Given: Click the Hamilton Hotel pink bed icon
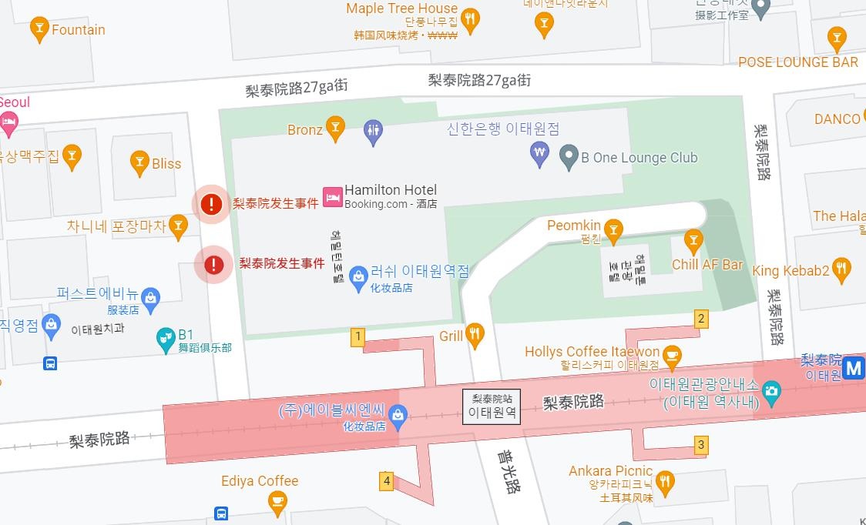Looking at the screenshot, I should [x=333, y=197].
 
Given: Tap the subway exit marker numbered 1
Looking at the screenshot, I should [x=357, y=336].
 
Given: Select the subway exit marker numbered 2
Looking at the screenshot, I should [x=700, y=319].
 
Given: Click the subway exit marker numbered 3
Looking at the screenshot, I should [x=700, y=445].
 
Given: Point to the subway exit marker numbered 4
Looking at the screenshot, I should [x=387, y=482].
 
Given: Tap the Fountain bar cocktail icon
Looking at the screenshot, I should [x=39, y=29].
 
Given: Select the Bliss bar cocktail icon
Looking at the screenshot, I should [x=139, y=162].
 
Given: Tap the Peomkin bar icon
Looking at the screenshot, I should [x=613, y=228].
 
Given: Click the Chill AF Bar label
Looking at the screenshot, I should [x=707, y=265].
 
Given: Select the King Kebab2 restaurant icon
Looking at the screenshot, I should [x=842, y=269].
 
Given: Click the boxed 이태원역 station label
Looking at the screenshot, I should [x=492, y=406].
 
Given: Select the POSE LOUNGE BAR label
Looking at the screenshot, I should [x=797, y=62].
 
